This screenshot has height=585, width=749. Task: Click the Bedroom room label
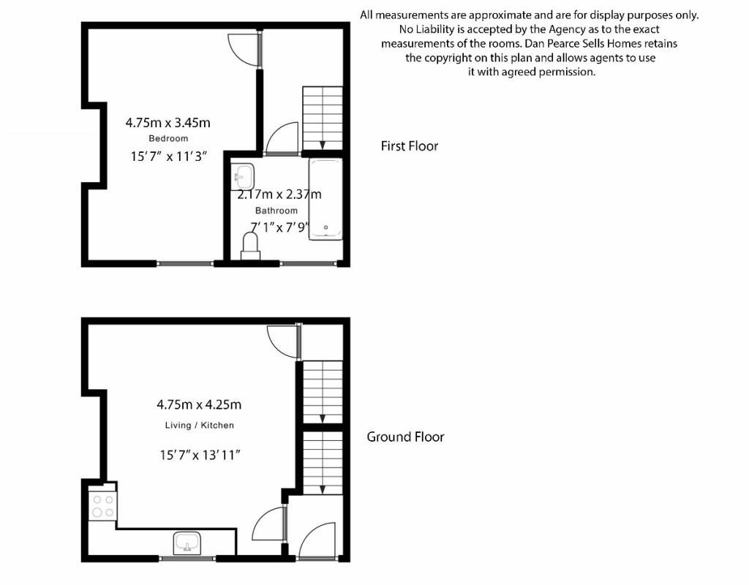(168, 138)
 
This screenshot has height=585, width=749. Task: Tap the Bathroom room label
(276, 211)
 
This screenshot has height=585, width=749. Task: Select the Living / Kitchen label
(199, 425)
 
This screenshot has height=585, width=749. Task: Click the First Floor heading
(410, 146)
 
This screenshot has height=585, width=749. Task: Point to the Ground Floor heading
(405, 437)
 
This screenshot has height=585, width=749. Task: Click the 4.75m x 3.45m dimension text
(168, 123)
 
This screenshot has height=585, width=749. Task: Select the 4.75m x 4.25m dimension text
(199, 405)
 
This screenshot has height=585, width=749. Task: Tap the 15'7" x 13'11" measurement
(200, 455)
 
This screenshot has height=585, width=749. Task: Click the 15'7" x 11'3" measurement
(168, 156)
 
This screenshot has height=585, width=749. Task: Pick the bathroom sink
(243, 177)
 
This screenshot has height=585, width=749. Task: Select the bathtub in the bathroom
(325, 199)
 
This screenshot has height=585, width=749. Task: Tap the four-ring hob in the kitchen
(102, 506)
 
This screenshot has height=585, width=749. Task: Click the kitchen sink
(188, 543)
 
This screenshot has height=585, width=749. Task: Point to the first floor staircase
(323, 118)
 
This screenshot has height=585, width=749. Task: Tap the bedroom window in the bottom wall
(185, 263)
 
